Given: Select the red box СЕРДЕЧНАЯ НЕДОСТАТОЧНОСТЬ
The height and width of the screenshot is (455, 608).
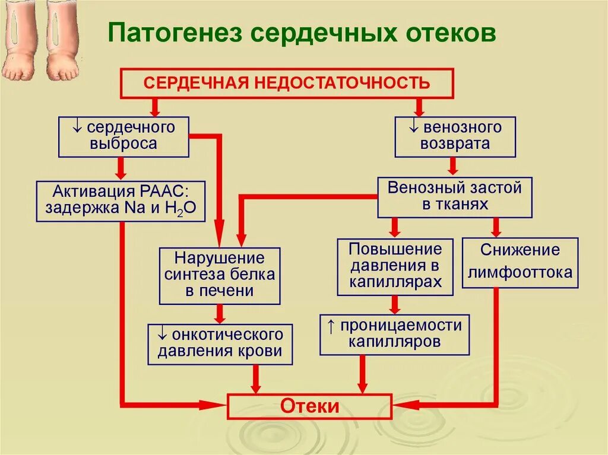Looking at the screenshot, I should [287, 83].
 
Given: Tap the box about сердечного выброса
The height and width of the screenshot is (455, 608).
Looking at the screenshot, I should [123, 136].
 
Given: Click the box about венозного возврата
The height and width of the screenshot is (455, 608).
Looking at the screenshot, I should [455, 136].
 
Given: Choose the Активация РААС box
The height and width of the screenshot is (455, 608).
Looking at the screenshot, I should [121, 201].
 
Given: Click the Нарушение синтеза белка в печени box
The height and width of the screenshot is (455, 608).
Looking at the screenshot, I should [219, 275].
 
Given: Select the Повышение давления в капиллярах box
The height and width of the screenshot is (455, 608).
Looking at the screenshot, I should [395, 266].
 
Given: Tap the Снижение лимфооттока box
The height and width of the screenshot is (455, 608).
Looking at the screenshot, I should [520, 262].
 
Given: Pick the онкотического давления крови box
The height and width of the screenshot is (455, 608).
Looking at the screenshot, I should [220, 343].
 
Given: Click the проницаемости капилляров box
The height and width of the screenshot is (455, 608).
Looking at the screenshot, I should [394, 335].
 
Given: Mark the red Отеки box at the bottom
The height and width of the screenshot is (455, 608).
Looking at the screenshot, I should [309, 406].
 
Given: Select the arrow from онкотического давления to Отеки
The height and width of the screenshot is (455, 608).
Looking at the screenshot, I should [256, 378].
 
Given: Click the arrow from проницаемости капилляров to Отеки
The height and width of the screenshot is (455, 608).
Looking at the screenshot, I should [362, 374].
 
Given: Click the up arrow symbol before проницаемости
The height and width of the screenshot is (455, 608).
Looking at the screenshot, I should [331, 326].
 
